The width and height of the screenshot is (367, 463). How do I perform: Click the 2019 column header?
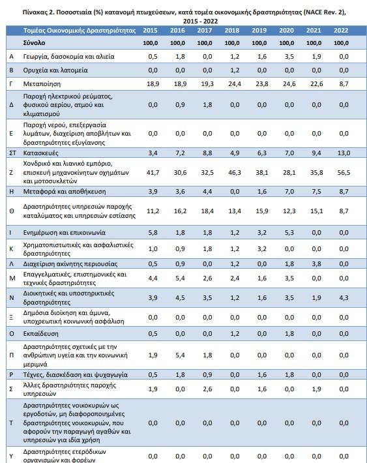[259, 31]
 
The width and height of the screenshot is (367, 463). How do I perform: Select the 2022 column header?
[341, 31]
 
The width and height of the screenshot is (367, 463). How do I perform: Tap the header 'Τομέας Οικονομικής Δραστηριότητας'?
[80, 31]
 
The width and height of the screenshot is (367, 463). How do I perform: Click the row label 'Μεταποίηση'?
[42, 84]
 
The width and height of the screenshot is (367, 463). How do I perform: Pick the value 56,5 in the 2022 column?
[344, 172]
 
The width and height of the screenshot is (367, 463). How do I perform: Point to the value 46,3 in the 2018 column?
[235, 172]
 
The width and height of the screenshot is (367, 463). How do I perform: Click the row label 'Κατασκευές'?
[41, 153]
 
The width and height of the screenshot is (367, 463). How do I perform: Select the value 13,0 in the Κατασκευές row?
[344, 153]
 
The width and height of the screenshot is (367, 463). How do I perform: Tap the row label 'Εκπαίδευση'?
[41, 334]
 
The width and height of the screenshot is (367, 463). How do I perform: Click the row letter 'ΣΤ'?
[12, 153]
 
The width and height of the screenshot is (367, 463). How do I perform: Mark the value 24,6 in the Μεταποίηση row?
[289, 84]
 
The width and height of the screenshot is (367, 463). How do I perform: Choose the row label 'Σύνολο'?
[35, 43]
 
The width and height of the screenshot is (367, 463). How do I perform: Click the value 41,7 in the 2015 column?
[153, 172]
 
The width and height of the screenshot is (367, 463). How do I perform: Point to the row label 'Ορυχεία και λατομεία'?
[55, 70]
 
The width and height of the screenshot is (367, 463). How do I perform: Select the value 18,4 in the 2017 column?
[207, 211]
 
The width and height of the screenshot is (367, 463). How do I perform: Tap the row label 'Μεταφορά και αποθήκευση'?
[65, 191]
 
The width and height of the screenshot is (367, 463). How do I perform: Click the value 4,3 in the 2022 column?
[344, 297]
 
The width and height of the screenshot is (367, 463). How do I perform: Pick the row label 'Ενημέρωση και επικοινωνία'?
[65, 232]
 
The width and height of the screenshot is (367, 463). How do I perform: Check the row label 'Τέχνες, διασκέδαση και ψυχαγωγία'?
[75, 375]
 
